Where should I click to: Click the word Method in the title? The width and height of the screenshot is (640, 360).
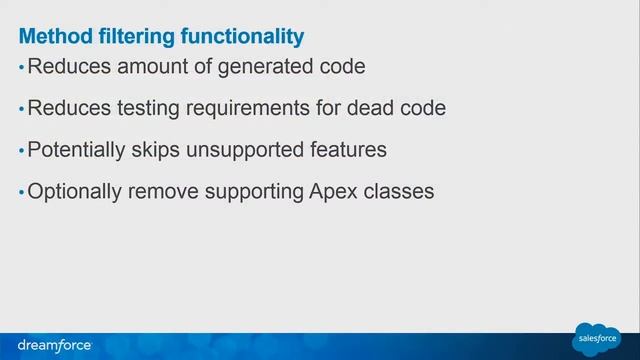52,37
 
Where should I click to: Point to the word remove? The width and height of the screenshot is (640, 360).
169,190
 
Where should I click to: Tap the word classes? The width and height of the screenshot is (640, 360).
398,190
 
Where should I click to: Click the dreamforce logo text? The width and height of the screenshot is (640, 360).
54,345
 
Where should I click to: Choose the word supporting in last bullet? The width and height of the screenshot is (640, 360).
251,190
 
